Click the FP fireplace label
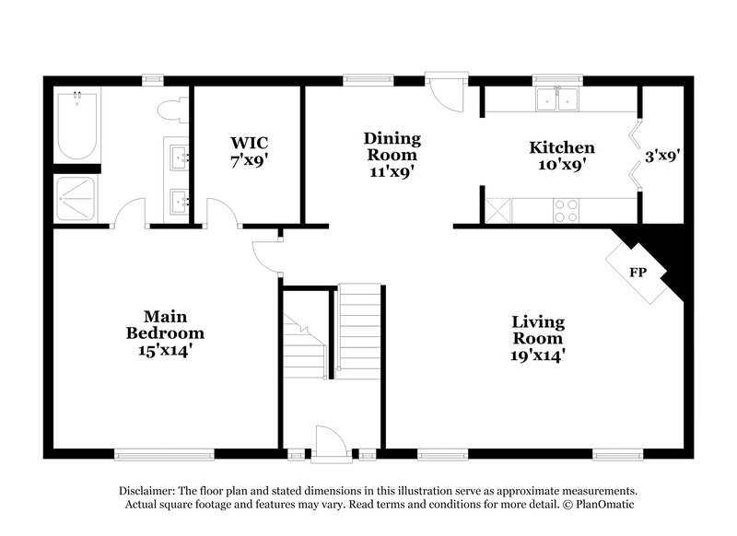637,273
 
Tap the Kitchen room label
561,147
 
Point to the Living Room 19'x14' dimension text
539,354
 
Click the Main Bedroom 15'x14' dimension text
166,350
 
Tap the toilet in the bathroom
171,111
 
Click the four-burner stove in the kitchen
565,211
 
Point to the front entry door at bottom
329,442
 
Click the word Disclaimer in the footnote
147,491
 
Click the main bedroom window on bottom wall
164,453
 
